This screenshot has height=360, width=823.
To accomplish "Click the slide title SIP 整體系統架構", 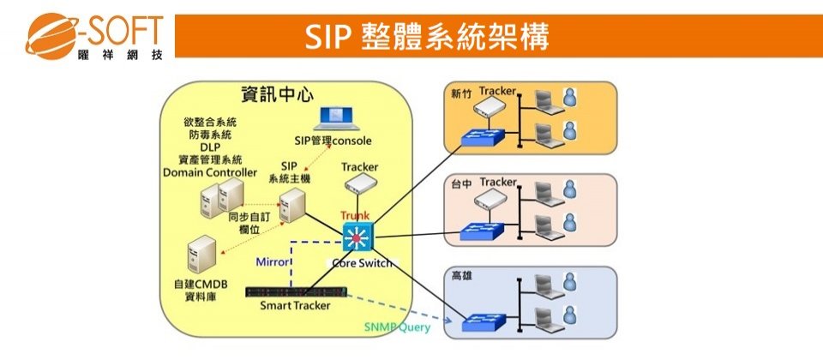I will (426, 37).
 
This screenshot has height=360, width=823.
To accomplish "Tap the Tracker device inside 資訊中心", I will (358, 183).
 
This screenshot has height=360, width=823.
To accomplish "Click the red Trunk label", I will (354, 214).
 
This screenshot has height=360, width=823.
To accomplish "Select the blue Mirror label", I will (274, 261).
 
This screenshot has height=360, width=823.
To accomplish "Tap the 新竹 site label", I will (461, 94).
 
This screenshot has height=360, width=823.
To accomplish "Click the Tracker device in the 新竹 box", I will (497, 107).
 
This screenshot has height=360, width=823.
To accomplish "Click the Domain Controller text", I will (210, 172).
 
